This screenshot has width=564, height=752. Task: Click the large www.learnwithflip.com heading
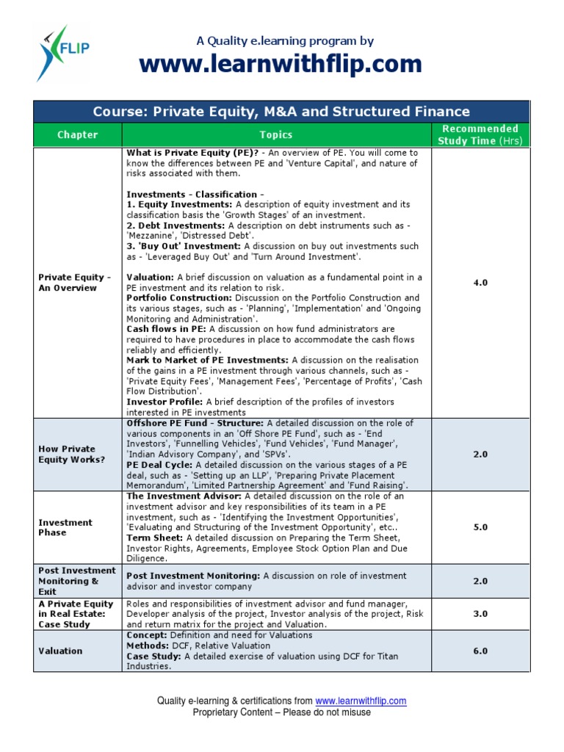click(x=281, y=65)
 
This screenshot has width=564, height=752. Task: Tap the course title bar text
click(x=281, y=112)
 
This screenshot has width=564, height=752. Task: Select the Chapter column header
click(x=77, y=134)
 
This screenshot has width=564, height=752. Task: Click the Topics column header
click(x=276, y=134)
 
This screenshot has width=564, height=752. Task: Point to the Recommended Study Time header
click(x=480, y=134)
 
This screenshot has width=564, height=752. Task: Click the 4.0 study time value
click(x=480, y=283)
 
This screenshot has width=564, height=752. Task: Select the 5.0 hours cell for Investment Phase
click(x=480, y=527)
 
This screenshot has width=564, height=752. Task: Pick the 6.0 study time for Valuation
click(x=480, y=651)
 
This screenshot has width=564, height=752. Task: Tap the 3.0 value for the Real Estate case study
click(x=480, y=614)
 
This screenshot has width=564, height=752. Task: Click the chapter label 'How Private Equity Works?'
click(x=72, y=454)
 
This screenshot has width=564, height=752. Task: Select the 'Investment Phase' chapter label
click(x=65, y=527)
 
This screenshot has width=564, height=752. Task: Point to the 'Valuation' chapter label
click(x=60, y=651)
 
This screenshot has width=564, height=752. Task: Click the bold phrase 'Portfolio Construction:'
click(x=178, y=298)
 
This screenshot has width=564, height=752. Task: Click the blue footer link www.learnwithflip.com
click(x=361, y=701)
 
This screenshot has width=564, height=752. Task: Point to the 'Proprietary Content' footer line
click(x=281, y=712)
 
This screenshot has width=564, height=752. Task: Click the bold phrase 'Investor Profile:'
click(x=165, y=402)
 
